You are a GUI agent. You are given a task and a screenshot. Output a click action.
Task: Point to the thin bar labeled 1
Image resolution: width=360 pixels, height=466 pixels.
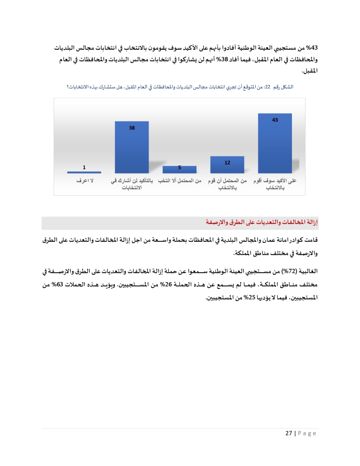click(x=84, y=172)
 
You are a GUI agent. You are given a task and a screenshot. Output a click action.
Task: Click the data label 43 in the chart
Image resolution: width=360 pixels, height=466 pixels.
click(x=275, y=120)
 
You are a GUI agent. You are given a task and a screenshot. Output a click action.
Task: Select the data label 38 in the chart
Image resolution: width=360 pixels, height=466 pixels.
click(x=132, y=128)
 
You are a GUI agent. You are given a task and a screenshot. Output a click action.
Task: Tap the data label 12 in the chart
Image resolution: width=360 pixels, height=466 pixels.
click(x=227, y=163)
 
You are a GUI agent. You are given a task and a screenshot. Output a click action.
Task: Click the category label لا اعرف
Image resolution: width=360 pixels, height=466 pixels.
click(x=85, y=180)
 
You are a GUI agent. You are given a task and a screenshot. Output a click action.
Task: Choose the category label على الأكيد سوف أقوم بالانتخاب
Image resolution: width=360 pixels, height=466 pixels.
click(x=275, y=184)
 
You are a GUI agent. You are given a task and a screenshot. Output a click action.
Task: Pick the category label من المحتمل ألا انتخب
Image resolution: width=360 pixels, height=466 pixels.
click(x=180, y=180)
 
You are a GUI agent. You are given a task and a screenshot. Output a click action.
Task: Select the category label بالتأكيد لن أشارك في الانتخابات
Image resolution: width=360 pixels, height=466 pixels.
click(x=132, y=184)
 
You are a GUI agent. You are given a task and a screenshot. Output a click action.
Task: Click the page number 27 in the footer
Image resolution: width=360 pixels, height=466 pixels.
click(x=289, y=433)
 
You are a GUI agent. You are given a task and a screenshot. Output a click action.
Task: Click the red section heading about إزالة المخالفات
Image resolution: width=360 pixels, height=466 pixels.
click(x=262, y=222)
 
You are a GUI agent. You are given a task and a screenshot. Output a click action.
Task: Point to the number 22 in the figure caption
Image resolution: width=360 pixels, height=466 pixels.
click(x=267, y=87)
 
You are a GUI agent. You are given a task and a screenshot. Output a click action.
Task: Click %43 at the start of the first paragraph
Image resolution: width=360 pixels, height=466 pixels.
click(x=312, y=48)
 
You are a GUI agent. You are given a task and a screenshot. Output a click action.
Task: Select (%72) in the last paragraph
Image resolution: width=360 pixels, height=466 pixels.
click(x=288, y=271)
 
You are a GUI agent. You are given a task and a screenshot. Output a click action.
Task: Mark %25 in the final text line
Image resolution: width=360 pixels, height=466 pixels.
click(x=249, y=297)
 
